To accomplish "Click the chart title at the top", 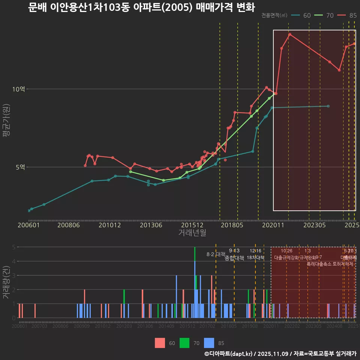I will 141,7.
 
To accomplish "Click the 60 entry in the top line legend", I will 307,15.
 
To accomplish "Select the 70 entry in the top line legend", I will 330,15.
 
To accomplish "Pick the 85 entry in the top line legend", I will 352,15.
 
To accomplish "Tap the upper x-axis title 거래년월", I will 192,233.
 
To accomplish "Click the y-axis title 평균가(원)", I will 6,122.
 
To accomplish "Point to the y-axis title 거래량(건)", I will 6,282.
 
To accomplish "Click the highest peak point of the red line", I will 289,34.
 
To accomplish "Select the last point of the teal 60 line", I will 328,106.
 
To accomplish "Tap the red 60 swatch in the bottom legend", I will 160,343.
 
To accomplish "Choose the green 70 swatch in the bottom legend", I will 184,343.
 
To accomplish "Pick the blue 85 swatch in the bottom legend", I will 209,343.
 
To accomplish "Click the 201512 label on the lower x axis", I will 187,327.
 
